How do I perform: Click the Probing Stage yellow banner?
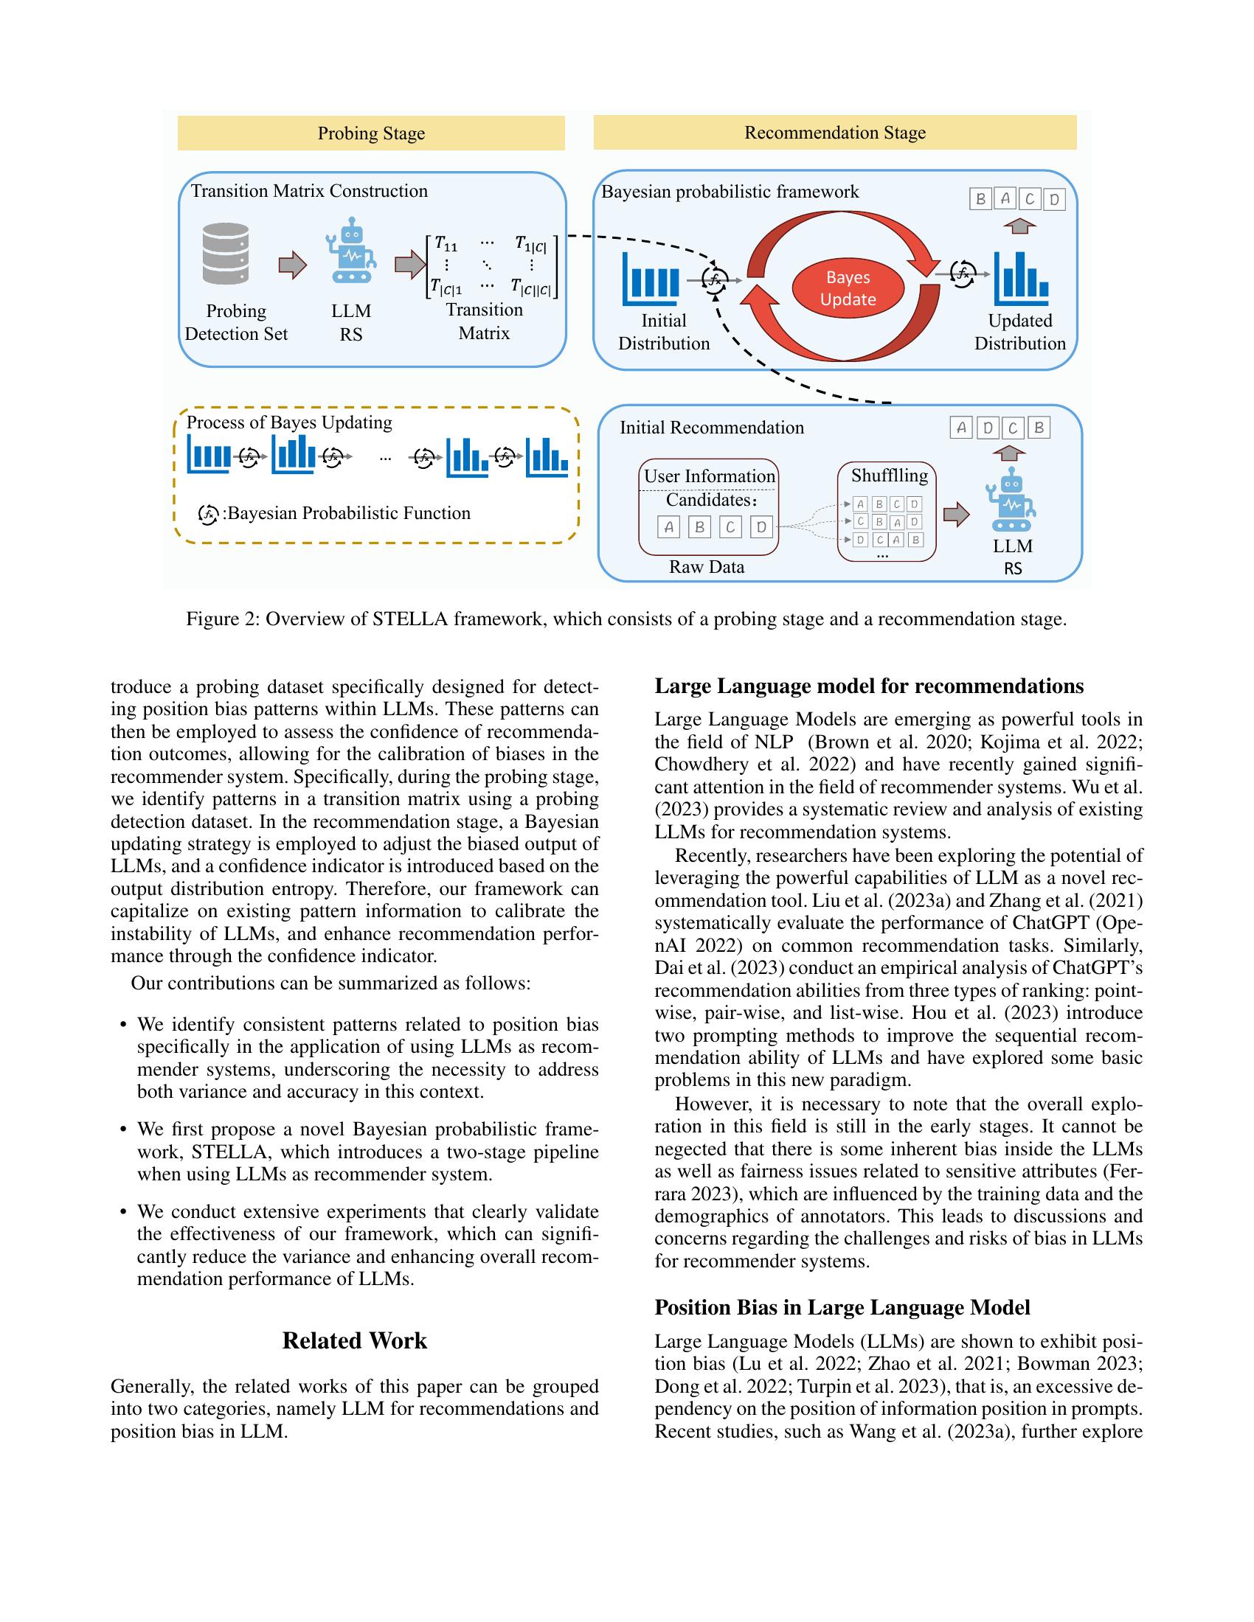[x=371, y=133]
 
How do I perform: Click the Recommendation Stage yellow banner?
[x=834, y=132]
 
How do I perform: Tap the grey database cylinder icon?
[x=226, y=254]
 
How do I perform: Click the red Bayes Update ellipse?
[x=848, y=288]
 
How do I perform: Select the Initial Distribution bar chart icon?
[x=651, y=279]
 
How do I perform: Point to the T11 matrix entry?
[x=446, y=243]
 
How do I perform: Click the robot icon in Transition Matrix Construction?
[x=350, y=251]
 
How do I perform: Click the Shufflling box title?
[x=890, y=476]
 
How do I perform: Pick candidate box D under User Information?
[x=761, y=527]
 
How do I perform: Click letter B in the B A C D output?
[x=980, y=199]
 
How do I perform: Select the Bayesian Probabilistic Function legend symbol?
[x=208, y=514]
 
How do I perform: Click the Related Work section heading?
[x=354, y=1340]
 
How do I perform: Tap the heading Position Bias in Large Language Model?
[x=842, y=1307]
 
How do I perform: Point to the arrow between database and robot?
[x=292, y=265]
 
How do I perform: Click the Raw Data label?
[x=706, y=568]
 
